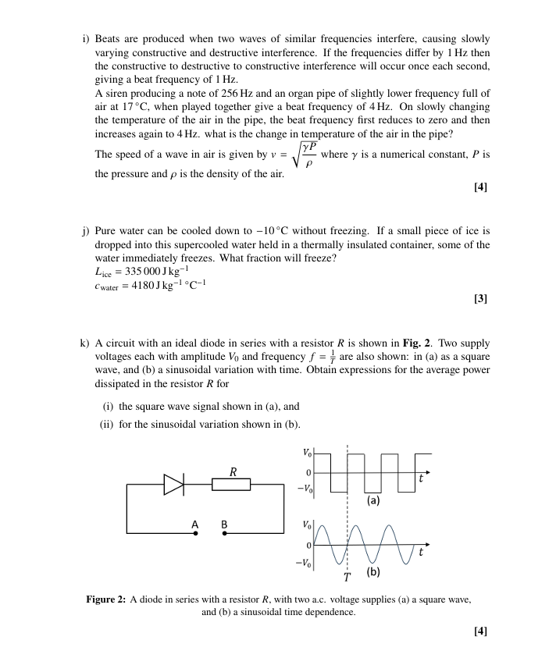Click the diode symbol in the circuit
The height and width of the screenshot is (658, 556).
coord(173,485)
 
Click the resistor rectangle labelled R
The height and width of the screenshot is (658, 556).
coord(231,485)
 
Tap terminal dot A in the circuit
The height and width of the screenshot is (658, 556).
coord(195,534)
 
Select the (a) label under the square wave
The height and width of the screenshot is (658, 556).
coord(374,500)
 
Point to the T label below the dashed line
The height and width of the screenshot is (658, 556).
coord(347,578)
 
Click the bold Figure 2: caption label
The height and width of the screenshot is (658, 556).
coord(105,599)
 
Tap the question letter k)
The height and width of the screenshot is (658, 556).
coord(84,343)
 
